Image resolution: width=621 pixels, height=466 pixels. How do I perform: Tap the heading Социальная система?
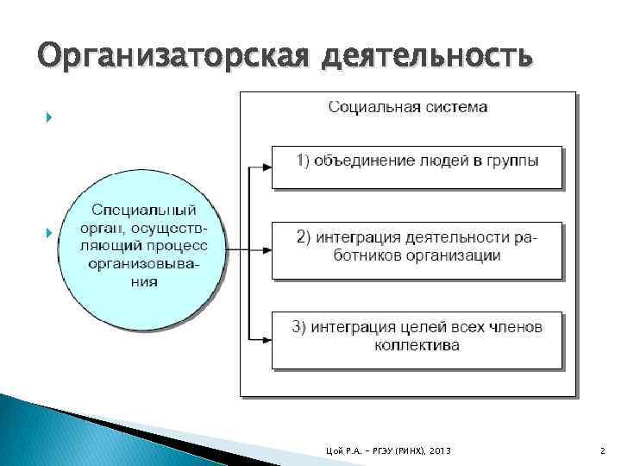tap(407, 107)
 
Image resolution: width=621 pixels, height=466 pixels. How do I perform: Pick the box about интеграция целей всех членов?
tap(417, 337)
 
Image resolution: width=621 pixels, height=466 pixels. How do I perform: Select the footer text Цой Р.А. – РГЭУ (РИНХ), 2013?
tap(390, 451)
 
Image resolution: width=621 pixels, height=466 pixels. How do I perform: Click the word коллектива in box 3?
tap(417, 345)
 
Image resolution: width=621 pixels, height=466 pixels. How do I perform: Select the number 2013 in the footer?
tap(438, 451)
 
